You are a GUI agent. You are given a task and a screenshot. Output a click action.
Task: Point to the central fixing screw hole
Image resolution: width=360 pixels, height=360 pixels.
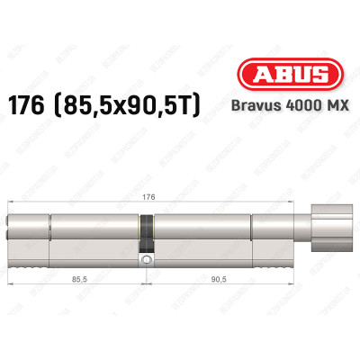pos(143,259)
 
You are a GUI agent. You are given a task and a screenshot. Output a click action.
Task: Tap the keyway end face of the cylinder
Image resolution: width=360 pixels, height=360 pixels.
pos(13,234)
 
